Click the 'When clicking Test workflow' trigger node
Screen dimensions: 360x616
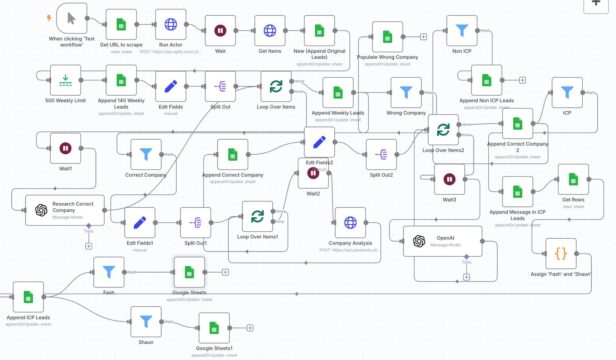(x=72, y=18)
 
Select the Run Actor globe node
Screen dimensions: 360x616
(x=171, y=24)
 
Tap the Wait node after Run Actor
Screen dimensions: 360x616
(x=220, y=31)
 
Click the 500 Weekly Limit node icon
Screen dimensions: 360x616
(x=65, y=80)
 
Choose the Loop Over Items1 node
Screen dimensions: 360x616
(x=257, y=217)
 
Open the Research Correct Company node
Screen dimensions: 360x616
(x=65, y=210)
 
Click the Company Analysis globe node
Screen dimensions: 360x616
(x=350, y=223)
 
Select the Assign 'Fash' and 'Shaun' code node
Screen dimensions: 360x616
(x=561, y=253)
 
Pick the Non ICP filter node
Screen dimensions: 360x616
(x=462, y=31)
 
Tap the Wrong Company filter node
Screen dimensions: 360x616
(x=406, y=92)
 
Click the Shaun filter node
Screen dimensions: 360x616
(x=146, y=321)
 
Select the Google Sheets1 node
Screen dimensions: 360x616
(x=214, y=328)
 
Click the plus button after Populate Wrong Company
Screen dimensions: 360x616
(x=424, y=37)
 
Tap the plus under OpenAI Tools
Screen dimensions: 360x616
(x=466, y=277)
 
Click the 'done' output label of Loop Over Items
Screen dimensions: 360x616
(x=300, y=81)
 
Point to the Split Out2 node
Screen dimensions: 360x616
(x=381, y=154)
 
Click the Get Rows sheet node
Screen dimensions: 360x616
(x=573, y=179)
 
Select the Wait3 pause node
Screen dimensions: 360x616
(x=449, y=179)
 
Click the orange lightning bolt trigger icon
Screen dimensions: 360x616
(x=49, y=18)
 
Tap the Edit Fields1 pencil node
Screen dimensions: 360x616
(x=140, y=223)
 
